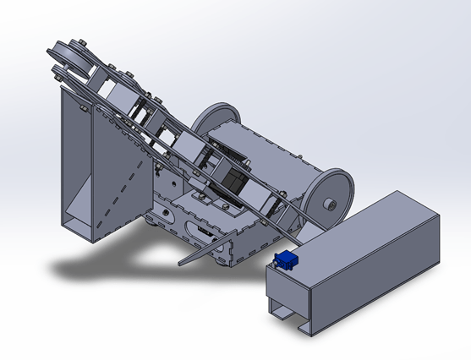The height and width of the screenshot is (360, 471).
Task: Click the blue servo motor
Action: [286, 260]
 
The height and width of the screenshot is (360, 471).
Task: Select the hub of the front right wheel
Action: [330, 204]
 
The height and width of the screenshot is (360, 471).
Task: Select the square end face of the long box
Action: [288, 292]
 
